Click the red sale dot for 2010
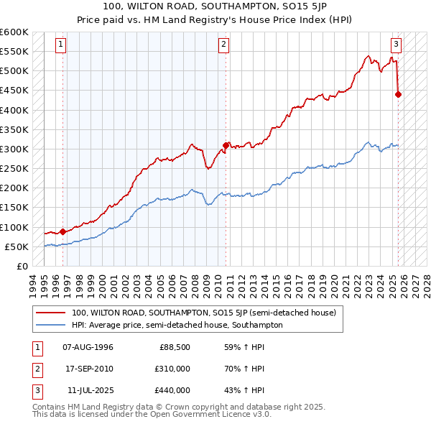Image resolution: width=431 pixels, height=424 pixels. (226, 145)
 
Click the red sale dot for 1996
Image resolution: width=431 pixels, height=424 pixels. (62, 231)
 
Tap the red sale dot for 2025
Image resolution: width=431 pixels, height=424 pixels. (399, 94)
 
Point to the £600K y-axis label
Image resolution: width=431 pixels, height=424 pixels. (14, 32)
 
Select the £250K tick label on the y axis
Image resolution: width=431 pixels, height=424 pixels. (14, 169)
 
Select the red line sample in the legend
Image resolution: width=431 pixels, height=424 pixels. (51, 313)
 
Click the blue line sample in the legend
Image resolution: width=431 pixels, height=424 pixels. (51, 325)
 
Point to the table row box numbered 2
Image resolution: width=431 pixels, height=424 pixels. (35, 369)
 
